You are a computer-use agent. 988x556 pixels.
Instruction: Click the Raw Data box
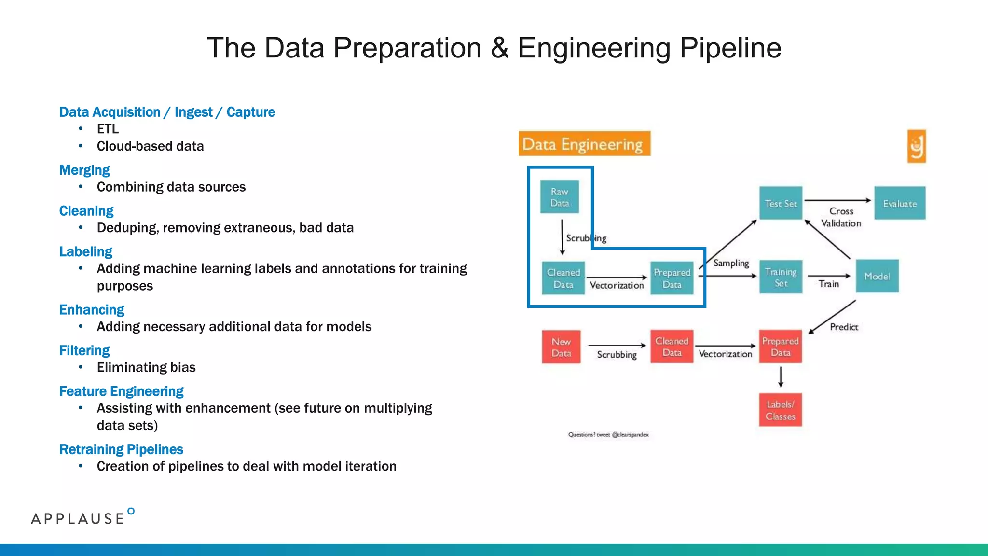(x=559, y=197)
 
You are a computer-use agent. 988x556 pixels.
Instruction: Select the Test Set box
(x=781, y=203)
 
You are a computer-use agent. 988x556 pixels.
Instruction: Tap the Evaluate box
(x=900, y=203)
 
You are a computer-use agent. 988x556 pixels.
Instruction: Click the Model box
(x=877, y=276)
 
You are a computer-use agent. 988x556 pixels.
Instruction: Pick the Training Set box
(x=781, y=277)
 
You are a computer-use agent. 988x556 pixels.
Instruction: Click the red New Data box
(x=561, y=347)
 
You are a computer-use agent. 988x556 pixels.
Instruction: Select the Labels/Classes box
(x=780, y=410)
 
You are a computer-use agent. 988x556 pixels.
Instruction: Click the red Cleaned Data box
(x=672, y=347)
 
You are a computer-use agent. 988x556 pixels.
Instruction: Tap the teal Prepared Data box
(x=672, y=278)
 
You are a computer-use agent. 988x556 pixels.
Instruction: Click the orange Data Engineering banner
(x=584, y=144)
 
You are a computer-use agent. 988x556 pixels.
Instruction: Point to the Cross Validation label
(x=841, y=217)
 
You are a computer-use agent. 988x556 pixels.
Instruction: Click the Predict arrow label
(x=844, y=327)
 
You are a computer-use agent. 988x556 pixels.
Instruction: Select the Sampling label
(x=731, y=263)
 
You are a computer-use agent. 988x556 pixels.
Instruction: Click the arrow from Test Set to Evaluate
(x=837, y=200)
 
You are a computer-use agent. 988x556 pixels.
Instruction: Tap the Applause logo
(x=82, y=517)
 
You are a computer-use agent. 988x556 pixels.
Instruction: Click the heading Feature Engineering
(x=121, y=391)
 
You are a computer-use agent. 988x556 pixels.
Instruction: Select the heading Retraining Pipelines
(x=121, y=449)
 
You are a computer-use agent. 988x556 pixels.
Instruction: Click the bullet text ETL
(x=108, y=129)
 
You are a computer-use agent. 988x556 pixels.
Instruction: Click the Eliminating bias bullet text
(x=146, y=367)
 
